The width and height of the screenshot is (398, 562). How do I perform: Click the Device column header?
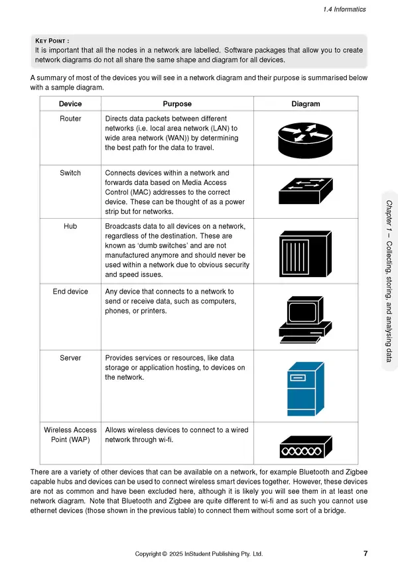click(x=70, y=104)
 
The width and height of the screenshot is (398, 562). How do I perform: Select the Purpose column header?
click(x=177, y=104)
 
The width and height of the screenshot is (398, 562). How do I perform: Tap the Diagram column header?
click(x=305, y=104)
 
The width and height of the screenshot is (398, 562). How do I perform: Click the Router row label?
click(x=70, y=119)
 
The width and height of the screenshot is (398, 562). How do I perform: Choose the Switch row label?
click(x=70, y=173)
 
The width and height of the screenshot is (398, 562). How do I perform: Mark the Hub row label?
click(x=70, y=227)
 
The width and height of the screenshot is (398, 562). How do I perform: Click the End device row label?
click(x=70, y=292)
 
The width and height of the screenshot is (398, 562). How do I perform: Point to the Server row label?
click(x=70, y=358)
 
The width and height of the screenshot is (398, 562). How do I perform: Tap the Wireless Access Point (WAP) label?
click(x=70, y=435)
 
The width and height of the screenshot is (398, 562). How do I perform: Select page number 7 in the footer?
click(x=366, y=553)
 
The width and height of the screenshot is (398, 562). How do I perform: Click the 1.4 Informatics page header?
click(x=345, y=9)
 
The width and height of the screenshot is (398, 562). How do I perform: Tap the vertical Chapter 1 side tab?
click(x=389, y=282)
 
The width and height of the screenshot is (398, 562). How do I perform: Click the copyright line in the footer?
click(x=199, y=553)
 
